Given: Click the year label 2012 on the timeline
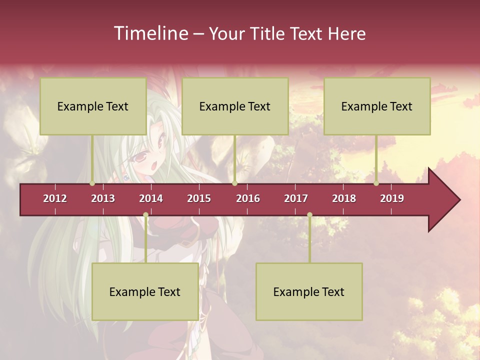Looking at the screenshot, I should click(55, 198).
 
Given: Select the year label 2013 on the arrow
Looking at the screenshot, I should click(103, 198).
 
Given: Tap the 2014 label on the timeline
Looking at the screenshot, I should click(151, 198).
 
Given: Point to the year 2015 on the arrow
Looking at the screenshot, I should click(199, 198).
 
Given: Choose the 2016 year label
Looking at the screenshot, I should click(248, 198).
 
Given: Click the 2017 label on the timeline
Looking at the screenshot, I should click(296, 198).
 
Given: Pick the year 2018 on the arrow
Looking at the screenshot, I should click(344, 198).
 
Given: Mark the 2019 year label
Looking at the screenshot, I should click(392, 198).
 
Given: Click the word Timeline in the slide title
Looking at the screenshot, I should click(150, 33).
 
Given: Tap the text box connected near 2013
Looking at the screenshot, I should click(93, 106).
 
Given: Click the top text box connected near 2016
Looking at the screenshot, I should click(235, 106).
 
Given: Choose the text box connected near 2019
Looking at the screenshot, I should click(377, 106).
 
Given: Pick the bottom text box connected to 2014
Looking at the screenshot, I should click(145, 291).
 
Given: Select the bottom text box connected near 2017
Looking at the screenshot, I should click(309, 291).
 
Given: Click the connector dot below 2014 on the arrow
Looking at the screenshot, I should click(145, 215).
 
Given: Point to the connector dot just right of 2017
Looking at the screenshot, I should click(309, 215).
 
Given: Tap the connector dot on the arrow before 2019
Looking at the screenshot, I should click(376, 183).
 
